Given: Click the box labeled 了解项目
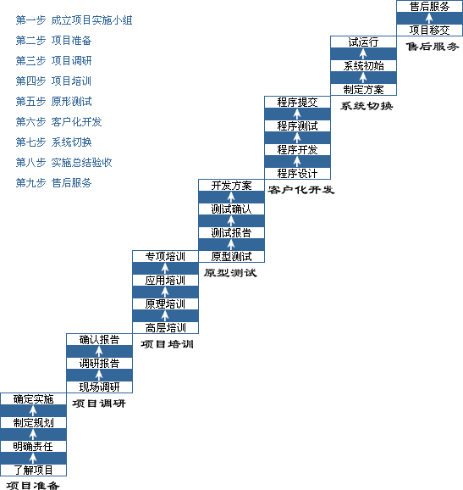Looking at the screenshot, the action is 33,470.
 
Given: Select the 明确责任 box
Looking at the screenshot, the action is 33,446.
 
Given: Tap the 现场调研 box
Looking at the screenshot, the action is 99,387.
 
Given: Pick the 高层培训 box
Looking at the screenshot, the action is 165,327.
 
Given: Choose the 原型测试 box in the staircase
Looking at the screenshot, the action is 232,256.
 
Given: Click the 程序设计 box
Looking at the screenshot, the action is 297,173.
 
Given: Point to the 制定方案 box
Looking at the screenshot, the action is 363,90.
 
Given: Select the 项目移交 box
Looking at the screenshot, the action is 430,30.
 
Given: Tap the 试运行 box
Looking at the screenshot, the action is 363,42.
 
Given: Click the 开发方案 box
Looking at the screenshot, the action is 232,185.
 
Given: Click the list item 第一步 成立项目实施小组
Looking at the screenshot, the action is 74,20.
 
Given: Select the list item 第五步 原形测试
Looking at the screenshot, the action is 53,101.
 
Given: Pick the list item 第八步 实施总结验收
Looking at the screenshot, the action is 63,162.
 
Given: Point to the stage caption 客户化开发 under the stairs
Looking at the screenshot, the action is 301,190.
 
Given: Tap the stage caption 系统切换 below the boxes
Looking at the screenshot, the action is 367,106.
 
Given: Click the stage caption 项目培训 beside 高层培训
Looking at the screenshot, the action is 168,344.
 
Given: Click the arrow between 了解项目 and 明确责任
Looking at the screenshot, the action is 33,458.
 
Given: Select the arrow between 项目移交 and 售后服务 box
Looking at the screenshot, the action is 429,18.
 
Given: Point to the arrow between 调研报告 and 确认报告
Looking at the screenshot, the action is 99,351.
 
